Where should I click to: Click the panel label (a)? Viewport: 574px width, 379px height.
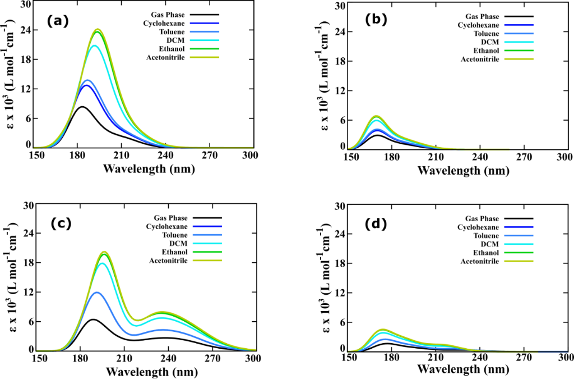tap(57, 21)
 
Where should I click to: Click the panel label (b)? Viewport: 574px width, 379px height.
tap(376, 20)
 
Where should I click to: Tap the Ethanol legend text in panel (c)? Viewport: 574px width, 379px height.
tap(175, 252)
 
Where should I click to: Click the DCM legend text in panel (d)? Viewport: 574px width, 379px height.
tap(490, 244)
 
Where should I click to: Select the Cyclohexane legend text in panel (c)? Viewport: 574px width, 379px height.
tap(169, 226)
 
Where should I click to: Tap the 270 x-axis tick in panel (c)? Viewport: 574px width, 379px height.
tap(212, 358)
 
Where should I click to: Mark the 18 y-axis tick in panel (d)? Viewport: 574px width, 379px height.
tap(339, 263)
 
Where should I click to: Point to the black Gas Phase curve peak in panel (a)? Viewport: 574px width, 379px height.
tap(82, 107)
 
